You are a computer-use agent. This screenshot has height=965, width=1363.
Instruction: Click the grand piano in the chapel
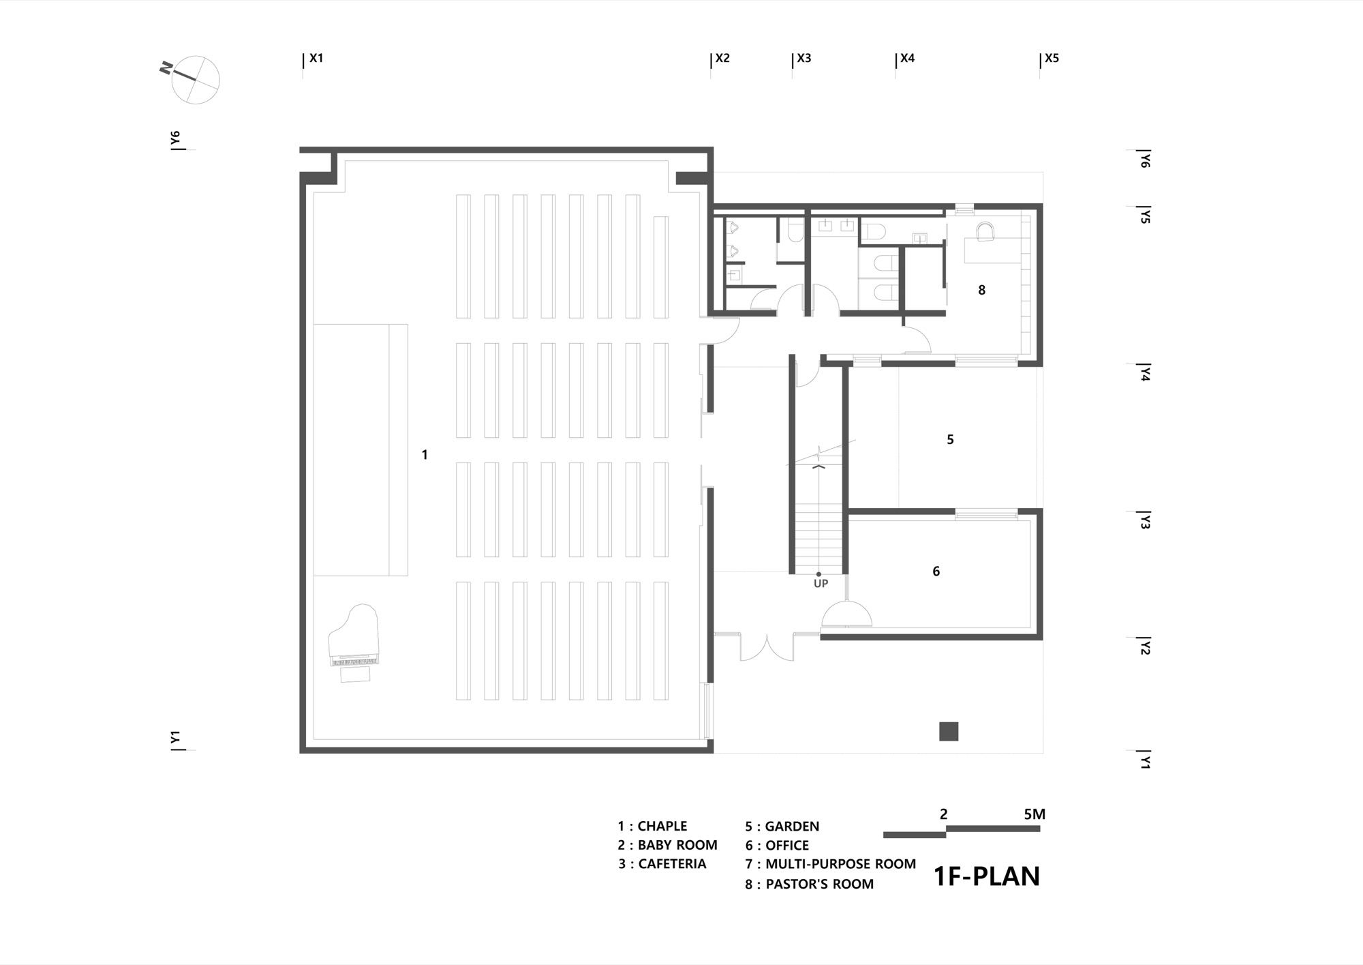[354, 642]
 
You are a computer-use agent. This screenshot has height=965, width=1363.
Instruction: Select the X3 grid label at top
[804, 59]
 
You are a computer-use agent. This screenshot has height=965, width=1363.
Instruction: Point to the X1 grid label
[316, 59]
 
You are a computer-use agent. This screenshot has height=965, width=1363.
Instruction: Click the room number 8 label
[981, 291]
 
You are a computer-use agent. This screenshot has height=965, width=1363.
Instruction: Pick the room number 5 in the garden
[950, 440]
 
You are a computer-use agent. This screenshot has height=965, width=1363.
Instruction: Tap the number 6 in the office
[936, 571]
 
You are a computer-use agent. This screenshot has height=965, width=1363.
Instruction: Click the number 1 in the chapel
[425, 455]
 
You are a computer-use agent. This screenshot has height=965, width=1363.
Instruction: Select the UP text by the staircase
[821, 584]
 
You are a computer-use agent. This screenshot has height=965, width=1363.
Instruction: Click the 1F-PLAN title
[986, 876]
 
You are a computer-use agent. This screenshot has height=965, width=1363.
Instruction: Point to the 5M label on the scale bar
[1034, 814]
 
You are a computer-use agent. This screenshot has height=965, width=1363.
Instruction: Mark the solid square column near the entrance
[949, 731]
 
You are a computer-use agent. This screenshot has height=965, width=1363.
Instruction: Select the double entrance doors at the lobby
[767, 648]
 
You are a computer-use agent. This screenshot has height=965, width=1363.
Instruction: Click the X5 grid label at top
[1052, 59]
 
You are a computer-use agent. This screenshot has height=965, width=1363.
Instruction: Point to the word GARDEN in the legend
[792, 827]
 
